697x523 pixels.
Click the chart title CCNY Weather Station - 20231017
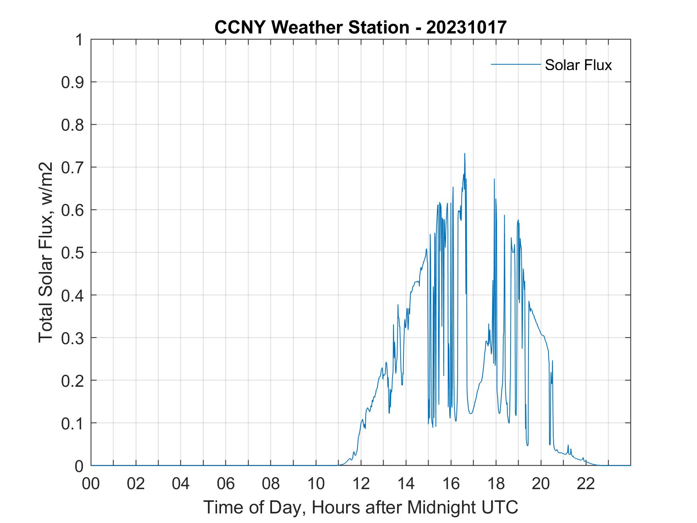point(360,27)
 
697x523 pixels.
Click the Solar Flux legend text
point(578,65)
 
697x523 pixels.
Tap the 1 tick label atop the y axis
point(79,40)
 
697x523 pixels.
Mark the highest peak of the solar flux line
point(464,154)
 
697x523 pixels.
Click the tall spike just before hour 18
point(494,179)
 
